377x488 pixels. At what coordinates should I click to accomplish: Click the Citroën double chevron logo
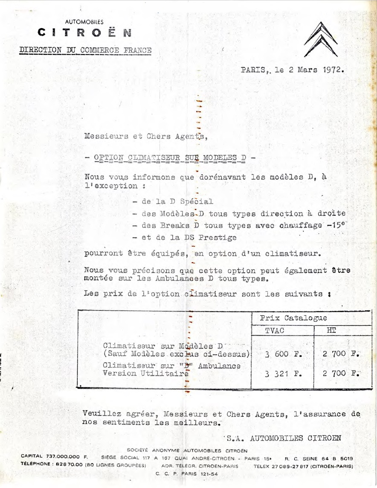click(321, 39)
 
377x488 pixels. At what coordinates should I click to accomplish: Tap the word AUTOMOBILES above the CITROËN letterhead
click(84, 21)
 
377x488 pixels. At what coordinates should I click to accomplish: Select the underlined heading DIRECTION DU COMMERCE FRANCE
click(85, 50)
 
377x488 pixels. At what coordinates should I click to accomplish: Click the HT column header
click(331, 330)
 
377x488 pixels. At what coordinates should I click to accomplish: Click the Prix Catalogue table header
click(293, 318)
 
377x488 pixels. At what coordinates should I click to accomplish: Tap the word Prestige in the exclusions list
click(217, 237)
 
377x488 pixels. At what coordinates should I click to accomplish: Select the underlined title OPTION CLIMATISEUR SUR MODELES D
click(170, 158)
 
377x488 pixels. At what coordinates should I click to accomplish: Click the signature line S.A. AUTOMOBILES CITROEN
click(284, 438)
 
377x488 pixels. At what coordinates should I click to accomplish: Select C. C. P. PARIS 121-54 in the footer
click(186, 474)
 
